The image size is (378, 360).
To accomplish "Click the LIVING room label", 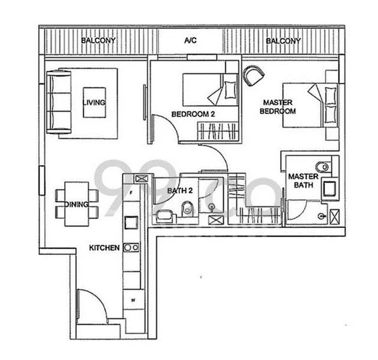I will click(94, 103).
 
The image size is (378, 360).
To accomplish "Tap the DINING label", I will click(78, 205).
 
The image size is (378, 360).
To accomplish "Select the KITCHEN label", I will click(104, 247).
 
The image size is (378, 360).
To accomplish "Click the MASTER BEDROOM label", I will click(278, 107).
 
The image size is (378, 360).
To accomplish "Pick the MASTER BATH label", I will click(302, 181).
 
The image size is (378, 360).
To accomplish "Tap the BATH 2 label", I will click(179, 191).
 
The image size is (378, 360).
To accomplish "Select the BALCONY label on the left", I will click(98, 41).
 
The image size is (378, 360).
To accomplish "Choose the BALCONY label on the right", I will click(283, 41).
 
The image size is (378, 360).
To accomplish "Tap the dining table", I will click(76, 206).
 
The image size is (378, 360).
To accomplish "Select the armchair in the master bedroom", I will click(253, 76).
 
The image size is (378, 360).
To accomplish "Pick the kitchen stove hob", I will click(132, 247).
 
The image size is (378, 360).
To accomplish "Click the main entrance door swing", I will click(91, 306).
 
